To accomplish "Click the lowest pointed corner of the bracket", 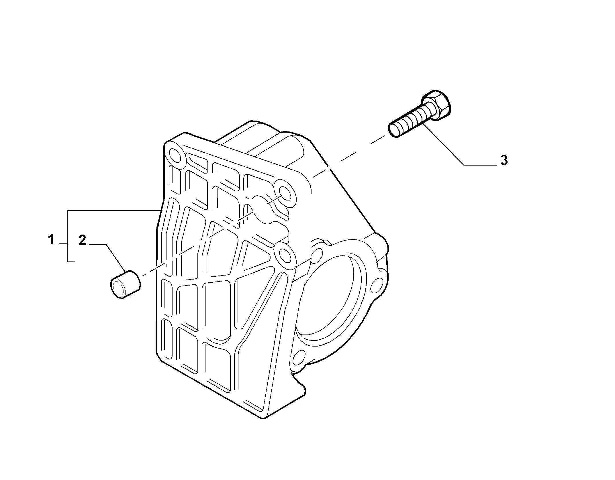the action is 263,419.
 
